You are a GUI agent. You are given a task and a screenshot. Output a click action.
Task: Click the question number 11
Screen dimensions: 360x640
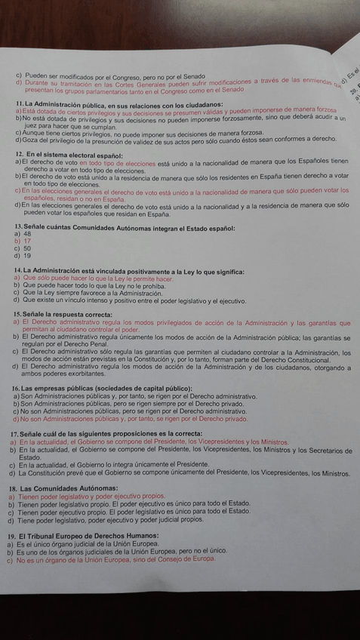pyautogui.click(x=19, y=103)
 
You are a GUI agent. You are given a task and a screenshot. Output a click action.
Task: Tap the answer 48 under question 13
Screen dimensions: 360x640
pyautogui.click(x=27, y=235)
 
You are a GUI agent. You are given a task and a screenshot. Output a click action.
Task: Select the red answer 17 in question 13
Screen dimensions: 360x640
pyautogui.click(x=27, y=242)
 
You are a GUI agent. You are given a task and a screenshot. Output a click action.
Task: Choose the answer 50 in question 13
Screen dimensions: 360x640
pyautogui.click(x=27, y=248)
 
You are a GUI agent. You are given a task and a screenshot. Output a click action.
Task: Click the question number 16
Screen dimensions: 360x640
pyautogui.click(x=17, y=388)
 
